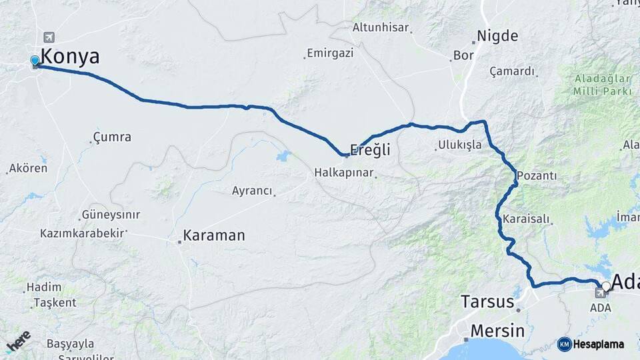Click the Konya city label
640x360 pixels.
point(70,57)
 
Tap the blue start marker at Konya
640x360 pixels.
point(35,61)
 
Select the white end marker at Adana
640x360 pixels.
point(606,287)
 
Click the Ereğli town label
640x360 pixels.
point(370,150)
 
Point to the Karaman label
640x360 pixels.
point(214,235)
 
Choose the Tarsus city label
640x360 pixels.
point(487,301)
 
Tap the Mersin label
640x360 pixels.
point(497,331)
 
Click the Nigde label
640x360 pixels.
point(497,36)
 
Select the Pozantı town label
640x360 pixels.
point(536,176)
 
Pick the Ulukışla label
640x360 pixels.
point(459,145)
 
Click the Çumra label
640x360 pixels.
point(112,137)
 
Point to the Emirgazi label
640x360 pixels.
point(329,53)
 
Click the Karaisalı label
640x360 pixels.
point(527,219)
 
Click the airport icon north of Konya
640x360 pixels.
point(49,37)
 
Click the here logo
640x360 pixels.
point(18,342)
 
